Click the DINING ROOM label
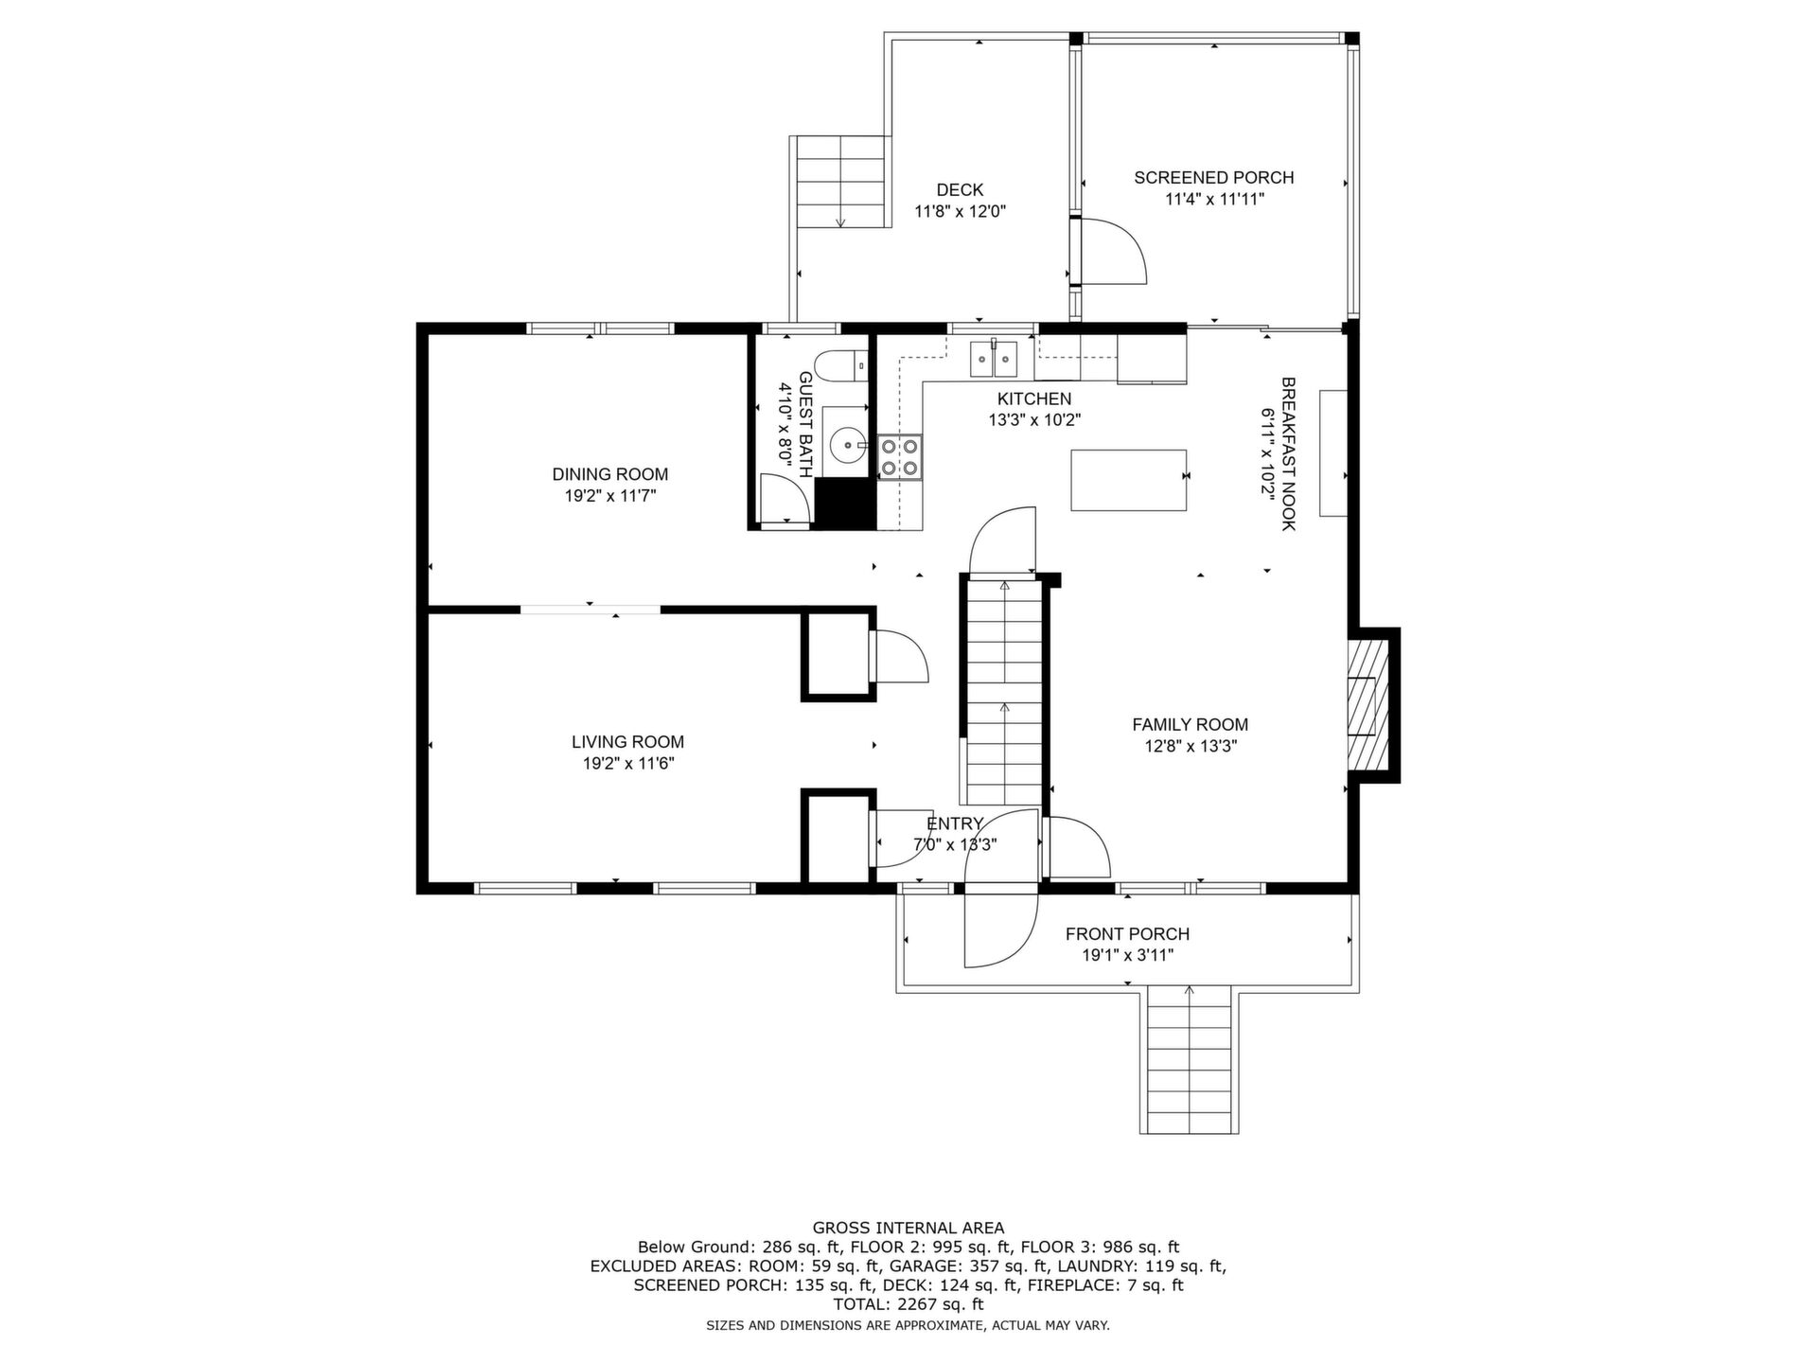610,474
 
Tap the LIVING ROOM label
627,742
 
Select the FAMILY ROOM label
1191,725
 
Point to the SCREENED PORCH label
1214,178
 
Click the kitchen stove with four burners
900,457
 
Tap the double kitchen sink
993,357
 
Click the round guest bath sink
846,441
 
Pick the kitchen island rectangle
1129,480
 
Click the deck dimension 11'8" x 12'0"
960,212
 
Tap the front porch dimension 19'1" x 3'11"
1128,955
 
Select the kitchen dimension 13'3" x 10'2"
1035,420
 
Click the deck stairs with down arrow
841,182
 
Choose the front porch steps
1190,1059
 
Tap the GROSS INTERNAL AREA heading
908,1229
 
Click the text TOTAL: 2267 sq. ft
908,1304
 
